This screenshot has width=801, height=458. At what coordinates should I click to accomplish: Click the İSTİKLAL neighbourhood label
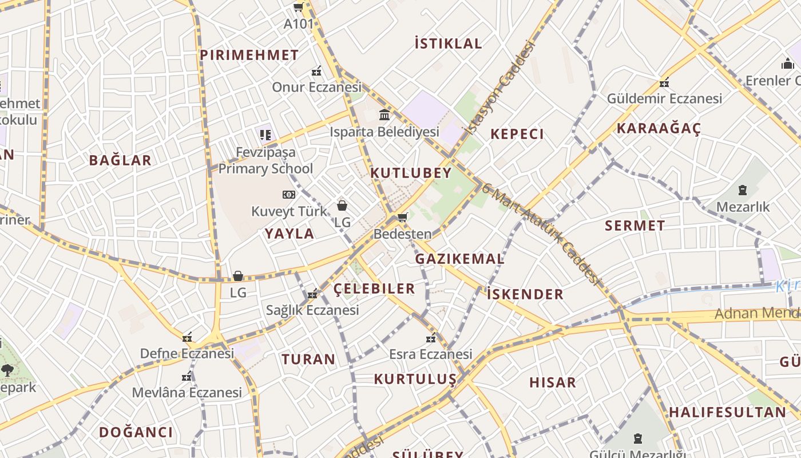[448, 44]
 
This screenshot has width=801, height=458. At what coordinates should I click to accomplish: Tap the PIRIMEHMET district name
[249, 56]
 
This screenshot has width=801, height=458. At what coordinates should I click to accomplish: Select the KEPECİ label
[517, 135]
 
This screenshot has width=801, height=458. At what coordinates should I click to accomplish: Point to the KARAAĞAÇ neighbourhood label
[659, 128]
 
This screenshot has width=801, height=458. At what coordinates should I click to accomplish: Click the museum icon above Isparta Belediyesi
[384, 116]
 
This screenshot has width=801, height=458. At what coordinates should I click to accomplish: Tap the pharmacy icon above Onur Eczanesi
[316, 72]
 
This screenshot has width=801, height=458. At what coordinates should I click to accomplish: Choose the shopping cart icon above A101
[298, 7]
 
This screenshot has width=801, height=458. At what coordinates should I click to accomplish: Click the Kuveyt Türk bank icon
[289, 195]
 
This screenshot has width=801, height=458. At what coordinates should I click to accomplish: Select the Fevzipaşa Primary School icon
[265, 135]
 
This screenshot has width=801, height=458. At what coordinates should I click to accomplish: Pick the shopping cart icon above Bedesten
[402, 217]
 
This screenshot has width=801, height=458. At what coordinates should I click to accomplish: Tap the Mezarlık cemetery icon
[743, 189]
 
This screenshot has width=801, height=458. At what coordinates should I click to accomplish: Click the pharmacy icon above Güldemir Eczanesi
[664, 82]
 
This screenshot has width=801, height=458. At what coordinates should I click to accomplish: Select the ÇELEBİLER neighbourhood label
[374, 289]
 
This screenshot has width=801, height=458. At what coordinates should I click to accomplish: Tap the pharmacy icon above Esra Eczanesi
[431, 338]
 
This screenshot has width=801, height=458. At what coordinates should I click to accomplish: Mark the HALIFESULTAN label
[727, 412]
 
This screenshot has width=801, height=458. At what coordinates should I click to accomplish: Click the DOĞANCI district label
[136, 432]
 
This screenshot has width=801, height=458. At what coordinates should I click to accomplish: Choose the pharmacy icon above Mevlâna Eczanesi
[187, 376]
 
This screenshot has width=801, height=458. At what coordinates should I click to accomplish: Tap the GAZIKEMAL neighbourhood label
[459, 259]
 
